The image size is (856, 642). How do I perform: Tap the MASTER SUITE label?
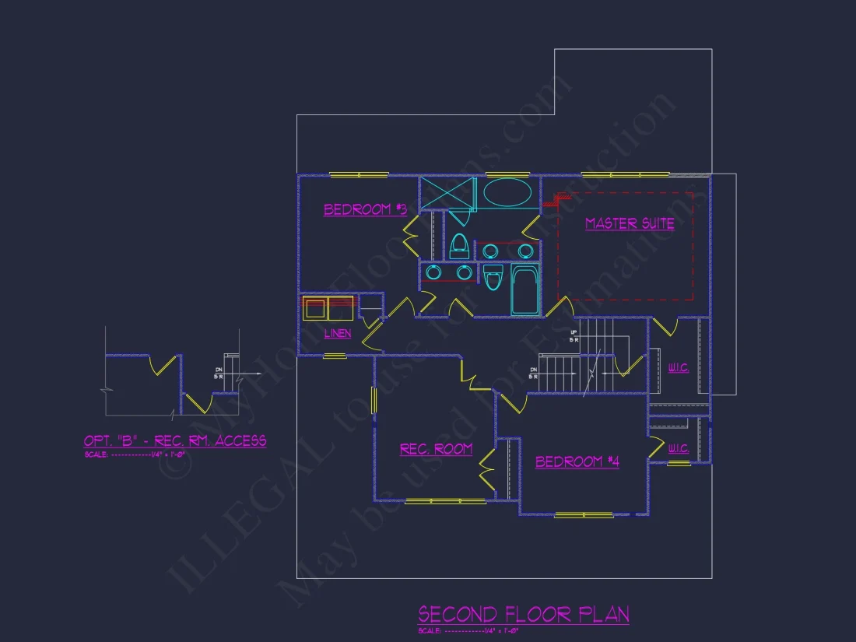(x=630, y=223)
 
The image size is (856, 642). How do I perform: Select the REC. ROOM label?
(x=436, y=449)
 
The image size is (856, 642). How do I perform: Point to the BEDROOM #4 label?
(x=577, y=461)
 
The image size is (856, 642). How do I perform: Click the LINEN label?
(x=338, y=333)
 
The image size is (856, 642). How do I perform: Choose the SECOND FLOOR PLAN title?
(x=524, y=614)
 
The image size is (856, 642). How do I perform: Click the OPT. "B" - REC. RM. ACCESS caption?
(x=175, y=441)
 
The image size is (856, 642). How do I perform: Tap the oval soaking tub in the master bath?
(x=508, y=191)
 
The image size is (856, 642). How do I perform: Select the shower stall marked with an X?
(x=447, y=194)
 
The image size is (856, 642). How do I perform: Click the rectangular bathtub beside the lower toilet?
(x=524, y=289)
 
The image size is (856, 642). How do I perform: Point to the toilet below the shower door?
(x=458, y=246)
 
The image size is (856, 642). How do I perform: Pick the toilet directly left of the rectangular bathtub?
(x=493, y=277)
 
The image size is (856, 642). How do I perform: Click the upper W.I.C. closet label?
(x=679, y=368)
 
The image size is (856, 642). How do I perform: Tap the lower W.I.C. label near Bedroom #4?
(x=679, y=449)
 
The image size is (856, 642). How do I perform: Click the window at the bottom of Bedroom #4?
(x=584, y=515)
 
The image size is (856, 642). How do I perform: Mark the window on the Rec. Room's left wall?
(x=374, y=400)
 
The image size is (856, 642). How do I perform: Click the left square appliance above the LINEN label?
(x=315, y=308)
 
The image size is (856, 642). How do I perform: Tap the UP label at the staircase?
(x=574, y=334)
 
